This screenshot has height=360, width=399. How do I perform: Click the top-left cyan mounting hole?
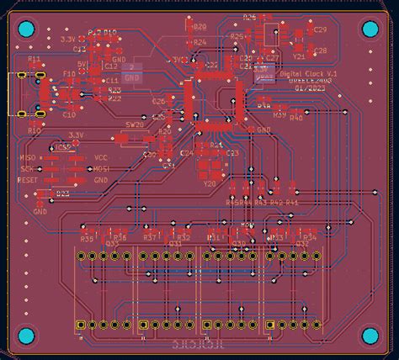point(25,30)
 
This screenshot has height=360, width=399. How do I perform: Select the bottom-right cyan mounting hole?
point(371,337)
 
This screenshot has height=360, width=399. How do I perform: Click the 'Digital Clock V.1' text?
point(308,74)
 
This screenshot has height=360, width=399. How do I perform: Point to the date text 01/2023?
point(309,87)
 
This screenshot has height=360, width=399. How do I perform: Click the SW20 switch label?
point(135,124)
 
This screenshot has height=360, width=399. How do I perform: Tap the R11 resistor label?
point(34,61)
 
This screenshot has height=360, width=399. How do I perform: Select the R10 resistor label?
point(34,131)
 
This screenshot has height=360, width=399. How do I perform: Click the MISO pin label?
point(28,157)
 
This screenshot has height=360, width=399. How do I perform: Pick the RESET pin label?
point(27,179)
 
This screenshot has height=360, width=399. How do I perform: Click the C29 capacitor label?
point(320,29)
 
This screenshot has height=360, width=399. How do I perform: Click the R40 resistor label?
point(295,118)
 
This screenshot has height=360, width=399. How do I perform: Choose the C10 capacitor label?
point(68,114)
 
